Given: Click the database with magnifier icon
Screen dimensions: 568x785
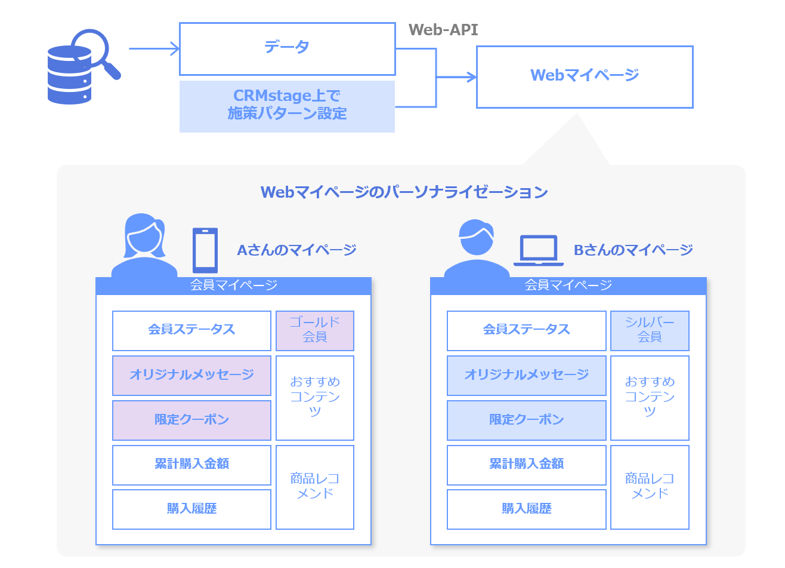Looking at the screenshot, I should tap(82, 67).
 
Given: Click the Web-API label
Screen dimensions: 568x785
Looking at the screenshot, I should tap(443, 30).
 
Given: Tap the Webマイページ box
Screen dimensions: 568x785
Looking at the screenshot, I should tap(584, 76).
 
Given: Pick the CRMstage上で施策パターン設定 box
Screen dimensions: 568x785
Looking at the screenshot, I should tap(287, 106).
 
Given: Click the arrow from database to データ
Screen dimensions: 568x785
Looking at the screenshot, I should tap(154, 49).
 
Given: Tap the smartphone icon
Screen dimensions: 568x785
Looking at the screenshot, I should tap(205, 250).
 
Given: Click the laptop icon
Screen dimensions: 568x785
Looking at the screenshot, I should tap(538, 250).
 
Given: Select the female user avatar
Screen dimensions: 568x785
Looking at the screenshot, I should tap(144, 245).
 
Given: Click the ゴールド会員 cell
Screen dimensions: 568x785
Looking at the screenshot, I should tap(314, 330).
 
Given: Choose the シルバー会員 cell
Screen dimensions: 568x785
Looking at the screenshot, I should tap(649, 330).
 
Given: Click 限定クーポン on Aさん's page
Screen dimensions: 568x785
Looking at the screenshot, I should tap(191, 420).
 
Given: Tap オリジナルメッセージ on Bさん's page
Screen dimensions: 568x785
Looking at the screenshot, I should tap(526, 375).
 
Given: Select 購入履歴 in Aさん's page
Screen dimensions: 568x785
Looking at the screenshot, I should tap(191, 509).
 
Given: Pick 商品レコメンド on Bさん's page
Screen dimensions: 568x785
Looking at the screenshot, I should tap(649, 487).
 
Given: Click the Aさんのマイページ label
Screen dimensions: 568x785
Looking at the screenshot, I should tap(296, 250).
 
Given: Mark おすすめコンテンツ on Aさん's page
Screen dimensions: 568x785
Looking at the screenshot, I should tap(314, 398).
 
